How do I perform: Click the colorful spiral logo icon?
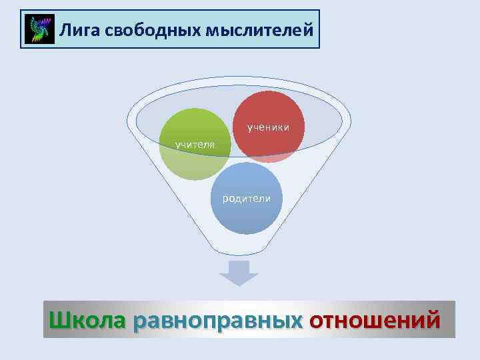click(x=39, y=30)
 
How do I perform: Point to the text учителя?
click(x=194, y=144)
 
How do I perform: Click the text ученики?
click(x=268, y=126)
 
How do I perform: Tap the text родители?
click(x=247, y=198)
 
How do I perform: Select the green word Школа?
click(x=87, y=319)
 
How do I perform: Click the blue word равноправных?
click(x=218, y=320)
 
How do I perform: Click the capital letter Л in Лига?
click(x=65, y=29)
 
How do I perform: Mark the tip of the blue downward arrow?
click(x=239, y=284)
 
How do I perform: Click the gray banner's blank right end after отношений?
click(x=448, y=320)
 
